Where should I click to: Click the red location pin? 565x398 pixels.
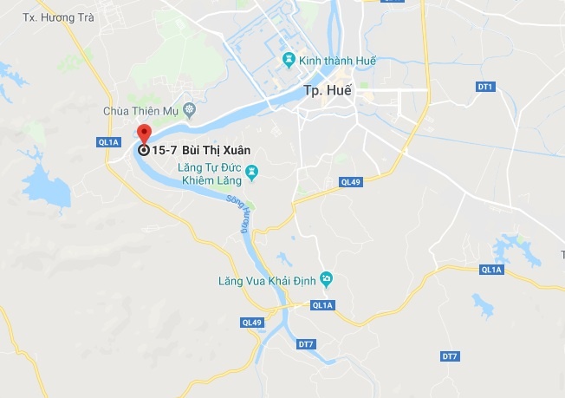[144, 134]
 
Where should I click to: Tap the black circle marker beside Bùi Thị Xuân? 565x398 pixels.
[144, 150]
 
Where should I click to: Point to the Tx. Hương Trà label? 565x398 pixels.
[57, 17]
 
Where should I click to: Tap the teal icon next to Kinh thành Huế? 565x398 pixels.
[289, 60]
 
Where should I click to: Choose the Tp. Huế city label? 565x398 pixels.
[327, 90]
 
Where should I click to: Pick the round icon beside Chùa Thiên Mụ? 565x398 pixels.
[189, 110]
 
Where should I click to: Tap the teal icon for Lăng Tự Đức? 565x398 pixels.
[252, 172]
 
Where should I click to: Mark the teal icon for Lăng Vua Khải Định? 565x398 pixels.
[326, 279]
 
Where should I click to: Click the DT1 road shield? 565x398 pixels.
[485, 87]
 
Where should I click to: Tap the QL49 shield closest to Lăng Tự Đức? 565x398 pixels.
[350, 182]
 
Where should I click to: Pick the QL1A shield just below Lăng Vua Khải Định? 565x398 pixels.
[322, 305]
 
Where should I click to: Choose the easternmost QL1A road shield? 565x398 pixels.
[491, 270]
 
